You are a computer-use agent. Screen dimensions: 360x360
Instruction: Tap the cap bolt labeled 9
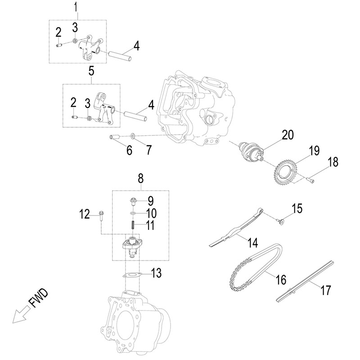pyautogui.click(x=133, y=201)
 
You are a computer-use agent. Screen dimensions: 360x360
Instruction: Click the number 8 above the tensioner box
pyautogui.click(x=140, y=179)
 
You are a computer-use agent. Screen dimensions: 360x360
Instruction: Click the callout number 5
pyautogui.click(x=91, y=71)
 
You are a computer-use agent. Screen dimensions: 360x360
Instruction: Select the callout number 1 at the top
pyautogui.click(x=76, y=7)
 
